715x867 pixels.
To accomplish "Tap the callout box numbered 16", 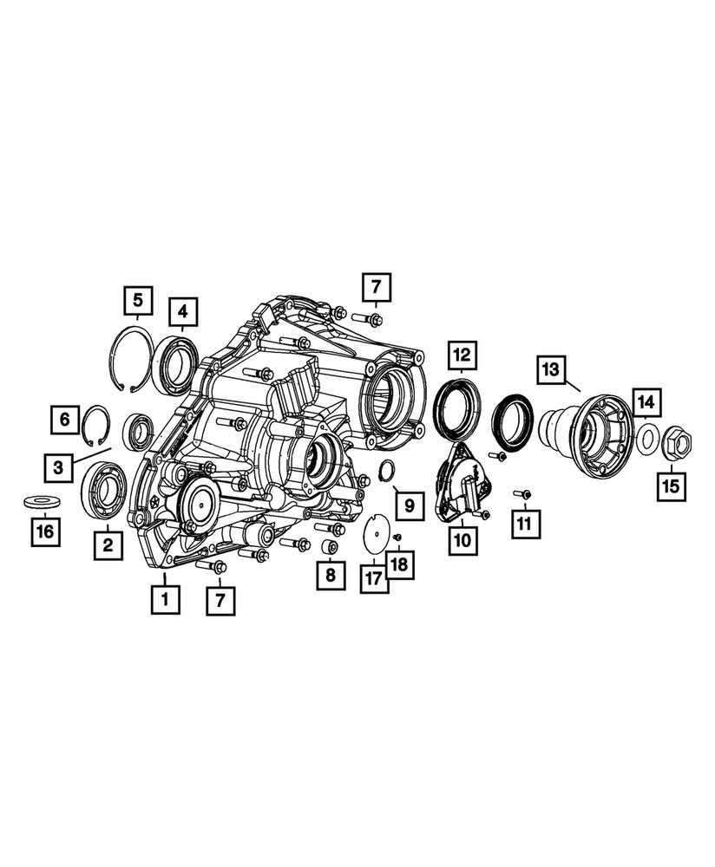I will [x=45, y=531].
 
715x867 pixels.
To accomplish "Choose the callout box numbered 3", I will [x=58, y=468].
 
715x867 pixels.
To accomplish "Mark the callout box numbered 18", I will [x=400, y=565].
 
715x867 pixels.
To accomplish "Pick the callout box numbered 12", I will [x=461, y=355].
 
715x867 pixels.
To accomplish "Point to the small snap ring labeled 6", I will [x=101, y=424].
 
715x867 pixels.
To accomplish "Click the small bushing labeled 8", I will [x=330, y=548].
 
